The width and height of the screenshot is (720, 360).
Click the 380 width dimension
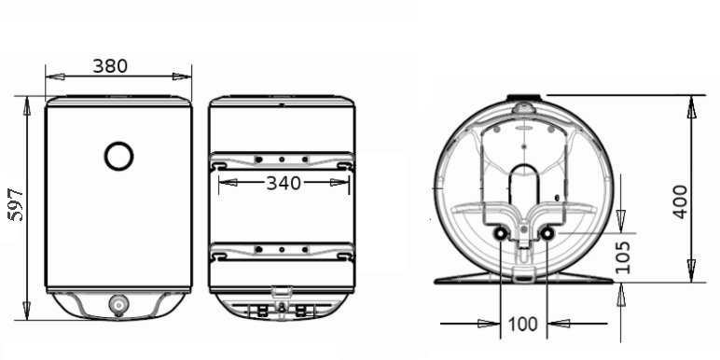click(110, 66)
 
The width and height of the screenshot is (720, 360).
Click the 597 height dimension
click(17, 204)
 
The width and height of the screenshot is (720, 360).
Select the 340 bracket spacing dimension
click(284, 184)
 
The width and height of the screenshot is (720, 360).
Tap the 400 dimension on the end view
click(680, 201)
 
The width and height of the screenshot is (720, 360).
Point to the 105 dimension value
click(622, 257)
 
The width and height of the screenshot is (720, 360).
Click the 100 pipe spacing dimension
click(523, 325)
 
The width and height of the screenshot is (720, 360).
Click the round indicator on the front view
click(119, 156)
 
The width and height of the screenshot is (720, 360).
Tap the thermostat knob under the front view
click(118, 305)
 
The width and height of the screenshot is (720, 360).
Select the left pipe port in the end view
click(500, 234)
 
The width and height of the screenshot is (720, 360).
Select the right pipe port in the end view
click(547, 234)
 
